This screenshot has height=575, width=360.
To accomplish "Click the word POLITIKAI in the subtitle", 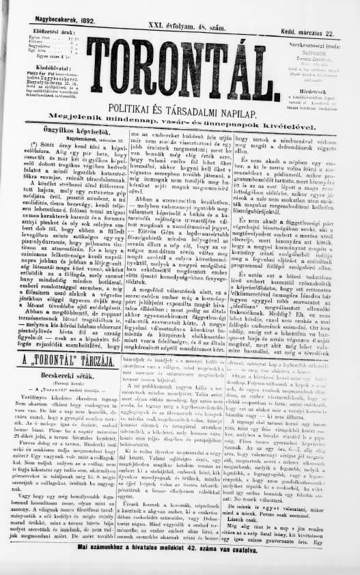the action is [143, 111].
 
